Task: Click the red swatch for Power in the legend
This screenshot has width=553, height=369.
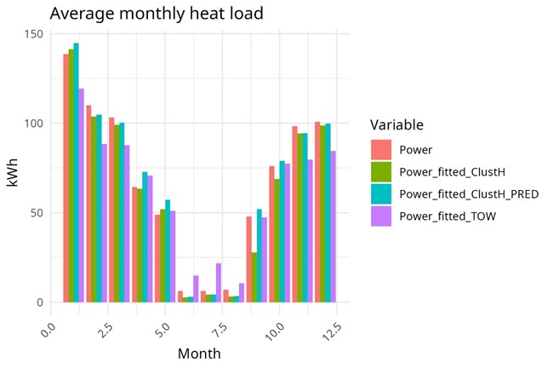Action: coord(381,150)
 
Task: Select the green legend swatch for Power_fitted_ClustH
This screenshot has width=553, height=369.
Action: coord(381,171)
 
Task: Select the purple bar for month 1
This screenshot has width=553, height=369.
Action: coord(82,195)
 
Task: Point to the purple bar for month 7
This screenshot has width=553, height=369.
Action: coord(219,282)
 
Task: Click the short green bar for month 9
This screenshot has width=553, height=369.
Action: coord(254,277)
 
